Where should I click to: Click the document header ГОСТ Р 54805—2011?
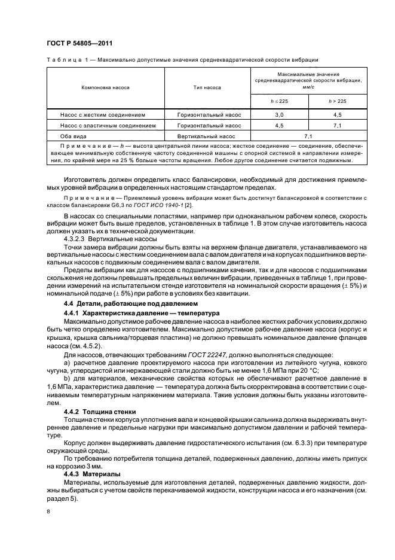coord(79,43)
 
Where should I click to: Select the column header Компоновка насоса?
coord(105,87)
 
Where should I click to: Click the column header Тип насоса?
coord(207,87)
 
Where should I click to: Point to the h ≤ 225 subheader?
coord(279,101)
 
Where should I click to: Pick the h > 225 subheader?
coord(338,101)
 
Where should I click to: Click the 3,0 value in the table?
coord(279,114)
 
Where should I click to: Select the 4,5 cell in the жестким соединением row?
coord(338,114)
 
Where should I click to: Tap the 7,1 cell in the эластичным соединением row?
coord(338,126)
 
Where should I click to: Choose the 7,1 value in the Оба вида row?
coord(308,137)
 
